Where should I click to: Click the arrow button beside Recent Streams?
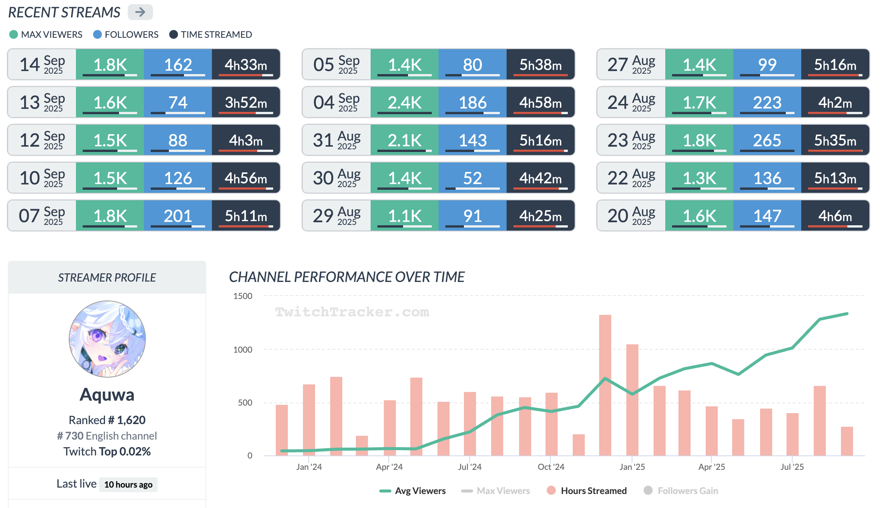[140, 12]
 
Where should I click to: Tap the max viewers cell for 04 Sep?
[404, 102]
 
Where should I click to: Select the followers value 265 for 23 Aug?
[767, 140]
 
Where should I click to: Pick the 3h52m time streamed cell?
[246, 102]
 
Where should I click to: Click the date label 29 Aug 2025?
[336, 216]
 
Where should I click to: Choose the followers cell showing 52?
[472, 178]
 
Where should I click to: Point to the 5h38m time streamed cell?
[540, 65]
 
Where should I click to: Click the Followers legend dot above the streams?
[97, 34]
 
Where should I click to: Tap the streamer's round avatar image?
[107, 339]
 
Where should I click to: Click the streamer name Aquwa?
[107, 395]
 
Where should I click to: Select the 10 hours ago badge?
[128, 485]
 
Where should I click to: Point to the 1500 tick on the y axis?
[243, 296]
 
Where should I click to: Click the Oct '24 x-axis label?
[551, 467]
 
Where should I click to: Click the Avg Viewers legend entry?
[413, 491]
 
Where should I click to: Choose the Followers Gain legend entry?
[681, 491]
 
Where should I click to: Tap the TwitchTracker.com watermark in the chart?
[352, 312]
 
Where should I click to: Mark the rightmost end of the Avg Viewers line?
[847, 314]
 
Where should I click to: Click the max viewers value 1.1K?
[404, 216]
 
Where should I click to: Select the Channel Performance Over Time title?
[346, 277]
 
